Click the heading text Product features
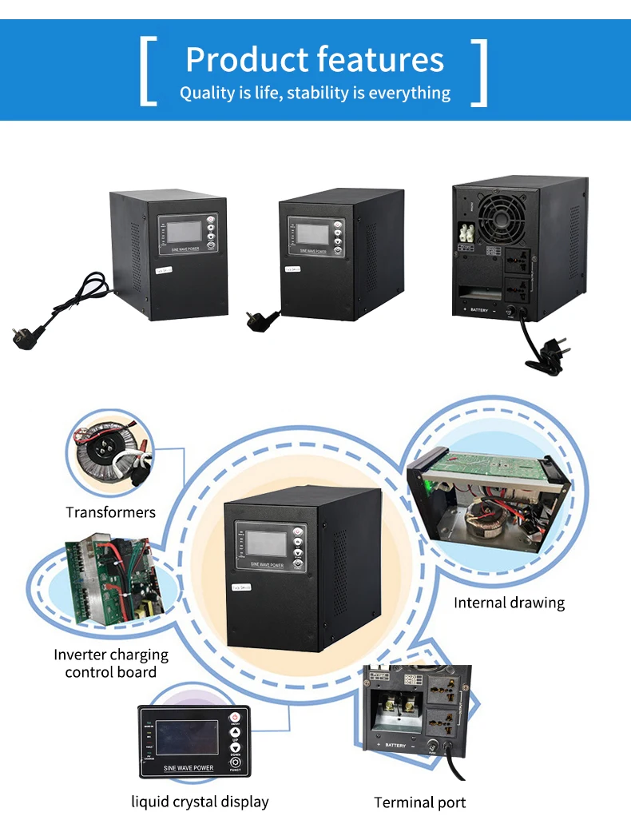tap(315, 60)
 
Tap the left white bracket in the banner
tap(148, 71)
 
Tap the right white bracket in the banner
tap(479, 71)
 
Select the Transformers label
tap(110, 512)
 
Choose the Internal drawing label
tap(509, 603)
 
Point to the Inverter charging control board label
tap(111, 663)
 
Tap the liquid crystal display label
tap(200, 801)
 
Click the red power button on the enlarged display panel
tap(235, 717)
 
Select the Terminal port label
tap(419, 802)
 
